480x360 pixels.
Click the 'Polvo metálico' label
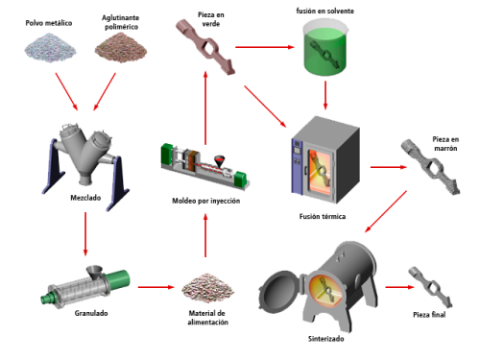pyautogui.click(x=49, y=23)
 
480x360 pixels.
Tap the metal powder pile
pyautogui.click(x=50, y=49)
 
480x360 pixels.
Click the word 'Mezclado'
pyautogui.click(x=85, y=198)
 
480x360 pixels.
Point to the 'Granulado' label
pyautogui.click(x=91, y=313)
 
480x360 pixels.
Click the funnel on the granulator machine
pyautogui.click(x=95, y=273)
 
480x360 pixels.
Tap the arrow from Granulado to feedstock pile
pyautogui.click(x=156, y=287)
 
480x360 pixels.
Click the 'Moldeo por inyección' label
pyautogui.click(x=206, y=201)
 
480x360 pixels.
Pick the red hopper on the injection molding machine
pyautogui.click(x=219, y=161)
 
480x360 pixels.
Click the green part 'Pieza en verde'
pyautogui.click(x=205, y=47)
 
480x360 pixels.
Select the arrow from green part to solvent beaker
pyautogui.click(x=265, y=47)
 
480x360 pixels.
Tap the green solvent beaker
pyautogui.click(x=324, y=48)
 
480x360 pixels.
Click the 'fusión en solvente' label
pyautogui.click(x=324, y=11)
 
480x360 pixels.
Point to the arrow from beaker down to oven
pyautogui.click(x=325, y=95)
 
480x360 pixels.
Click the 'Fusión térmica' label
pyautogui.click(x=323, y=217)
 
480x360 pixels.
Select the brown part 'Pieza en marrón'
pyautogui.click(x=430, y=167)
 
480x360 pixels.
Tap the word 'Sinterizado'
pyautogui.click(x=325, y=339)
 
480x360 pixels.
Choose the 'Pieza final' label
pyautogui.click(x=429, y=315)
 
